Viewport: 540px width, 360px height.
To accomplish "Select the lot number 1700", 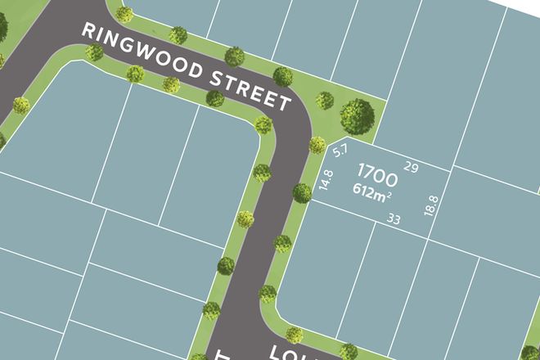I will [x=377, y=175].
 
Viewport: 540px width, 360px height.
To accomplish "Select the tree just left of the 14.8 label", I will [x=302, y=193].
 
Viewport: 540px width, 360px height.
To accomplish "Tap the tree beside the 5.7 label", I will [x=317, y=146].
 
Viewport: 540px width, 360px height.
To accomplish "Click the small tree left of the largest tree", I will [x=325, y=100].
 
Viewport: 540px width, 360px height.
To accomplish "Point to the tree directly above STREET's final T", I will [x=283, y=77].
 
